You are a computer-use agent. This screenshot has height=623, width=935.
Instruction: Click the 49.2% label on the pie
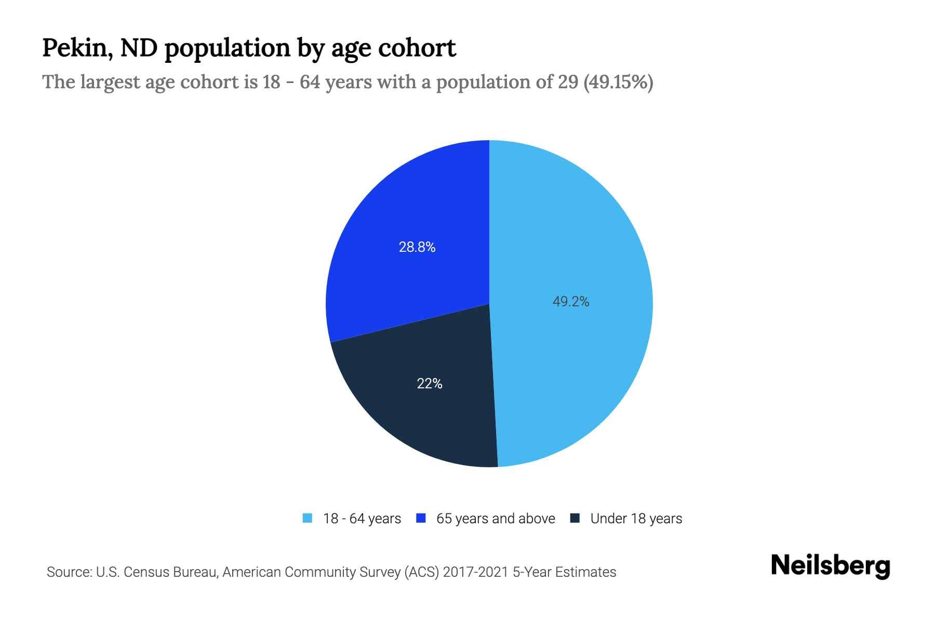[570, 302]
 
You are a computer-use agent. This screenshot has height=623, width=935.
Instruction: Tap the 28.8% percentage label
[417, 247]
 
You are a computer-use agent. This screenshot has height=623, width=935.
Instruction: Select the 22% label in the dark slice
[430, 384]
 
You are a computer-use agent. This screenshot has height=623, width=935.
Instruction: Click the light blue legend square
[308, 518]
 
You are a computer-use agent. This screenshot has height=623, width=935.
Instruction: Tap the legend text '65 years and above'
[496, 519]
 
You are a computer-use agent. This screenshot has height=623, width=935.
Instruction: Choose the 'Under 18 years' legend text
[636, 519]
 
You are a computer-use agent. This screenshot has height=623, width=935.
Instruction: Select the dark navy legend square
[575, 518]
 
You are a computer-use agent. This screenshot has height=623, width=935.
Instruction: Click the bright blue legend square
[421, 518]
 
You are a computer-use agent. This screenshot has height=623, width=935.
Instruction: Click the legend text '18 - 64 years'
[362, 519]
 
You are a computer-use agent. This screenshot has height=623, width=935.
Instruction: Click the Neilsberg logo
[830, 566]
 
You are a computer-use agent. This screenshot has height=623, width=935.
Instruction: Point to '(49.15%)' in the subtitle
[618, 82]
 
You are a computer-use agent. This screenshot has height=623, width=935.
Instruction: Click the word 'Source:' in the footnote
[69, 572]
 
